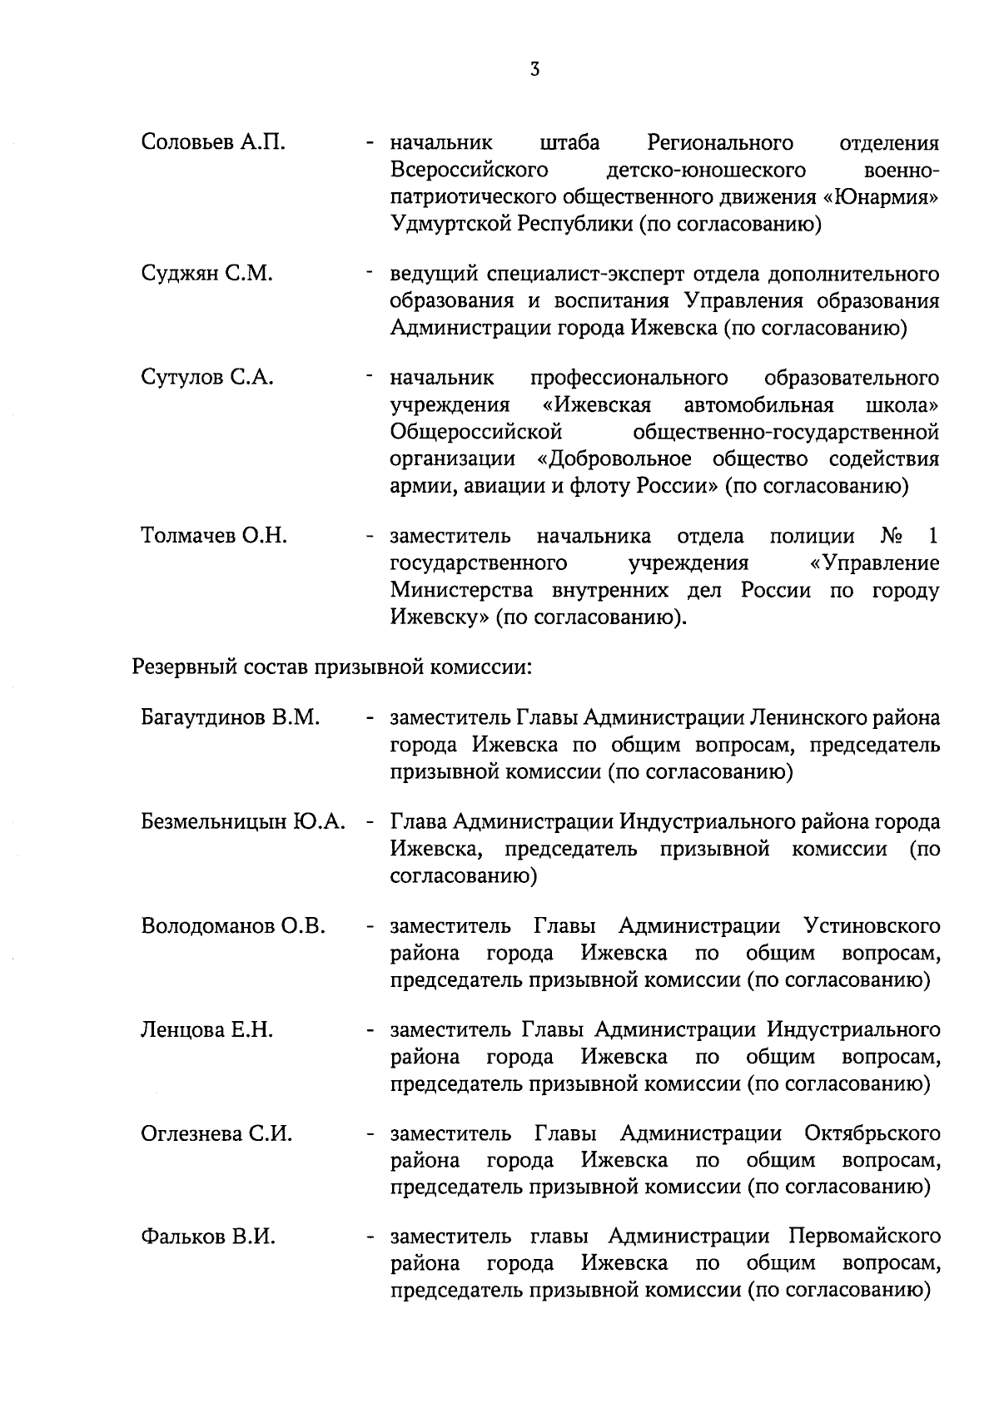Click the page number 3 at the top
point(535,70)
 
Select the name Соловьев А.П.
point(213,143)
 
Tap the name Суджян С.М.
point(206,274)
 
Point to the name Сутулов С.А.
point(206,378)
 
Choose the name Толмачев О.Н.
point(214,536)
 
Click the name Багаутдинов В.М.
point(231,717)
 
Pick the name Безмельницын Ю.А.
point(242,822)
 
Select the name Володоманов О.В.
point(233,926)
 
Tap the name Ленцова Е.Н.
point(206,1030)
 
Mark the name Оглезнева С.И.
point(216,1134)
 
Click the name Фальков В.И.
point(208,1237)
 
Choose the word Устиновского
point(872,926)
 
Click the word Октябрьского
point(872,1134)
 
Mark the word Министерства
point(461,591)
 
